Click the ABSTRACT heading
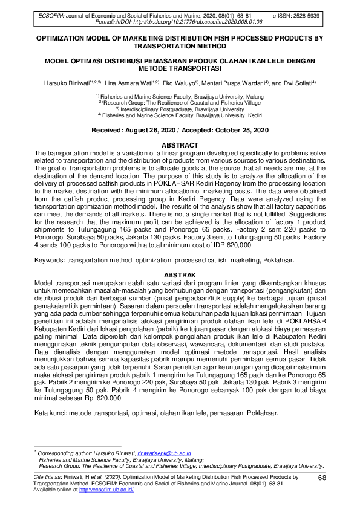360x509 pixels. point(180,145)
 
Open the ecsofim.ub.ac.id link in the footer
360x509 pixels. point(106,490)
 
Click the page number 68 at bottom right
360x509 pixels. point(322,478)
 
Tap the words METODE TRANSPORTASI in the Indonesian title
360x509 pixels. point(179,68)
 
